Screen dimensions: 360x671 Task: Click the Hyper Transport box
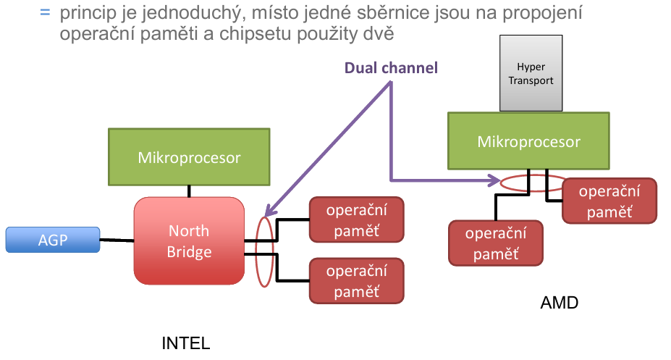click(x=531, y=73)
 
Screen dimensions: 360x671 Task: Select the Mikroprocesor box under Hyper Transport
click(x=528, y=141)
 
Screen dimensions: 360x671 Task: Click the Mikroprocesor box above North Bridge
click(x=189, y=156)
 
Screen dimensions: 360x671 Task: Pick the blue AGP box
click(x=53, y=240)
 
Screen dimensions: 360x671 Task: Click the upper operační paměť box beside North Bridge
click(x=357, y=219)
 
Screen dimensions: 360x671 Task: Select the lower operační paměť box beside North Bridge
click(x=357, y=280)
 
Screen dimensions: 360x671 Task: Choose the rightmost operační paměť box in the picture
click(x=609, y=201)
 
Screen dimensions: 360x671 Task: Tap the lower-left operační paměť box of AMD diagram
click(x=496, y=243)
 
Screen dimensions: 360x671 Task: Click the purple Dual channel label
click(x=391, y=68)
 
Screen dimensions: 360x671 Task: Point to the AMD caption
click(x=560, y=304)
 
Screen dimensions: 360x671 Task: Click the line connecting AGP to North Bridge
click(x=117, y=240)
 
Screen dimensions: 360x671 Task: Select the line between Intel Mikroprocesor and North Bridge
click(x=189, y=191)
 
